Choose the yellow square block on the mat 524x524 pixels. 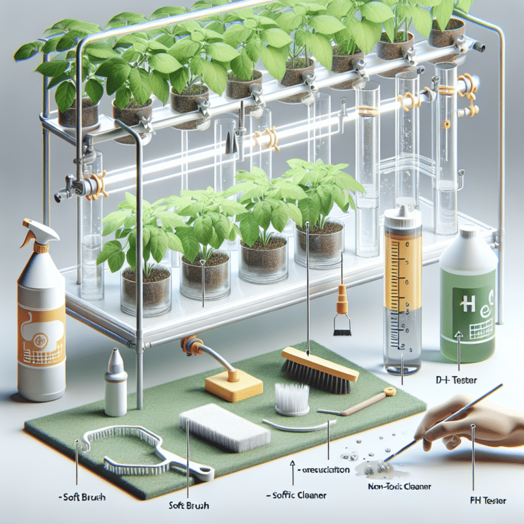point(233,385)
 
